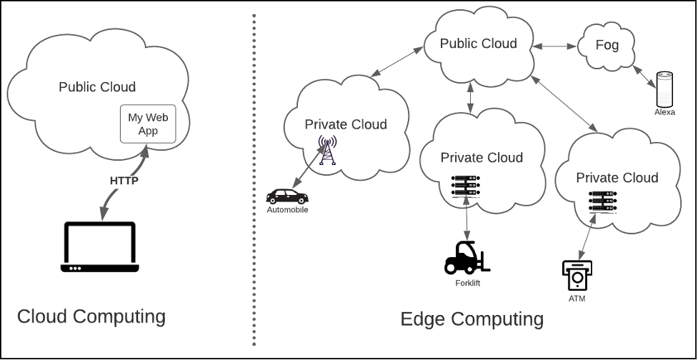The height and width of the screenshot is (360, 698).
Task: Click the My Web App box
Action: point(148,124)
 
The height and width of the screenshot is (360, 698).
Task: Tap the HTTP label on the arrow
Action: point(124,181)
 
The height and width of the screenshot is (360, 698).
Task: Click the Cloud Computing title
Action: point(91,316)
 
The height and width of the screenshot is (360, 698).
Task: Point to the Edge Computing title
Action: point(472,319)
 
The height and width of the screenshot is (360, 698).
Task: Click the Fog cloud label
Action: point(607,45)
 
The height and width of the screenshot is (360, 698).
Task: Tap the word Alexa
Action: point(664,112)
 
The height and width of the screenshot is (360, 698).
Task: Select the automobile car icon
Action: point(287,196)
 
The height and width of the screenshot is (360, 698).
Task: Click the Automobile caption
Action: point(287,210)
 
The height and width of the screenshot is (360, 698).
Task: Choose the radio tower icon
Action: point(327,151)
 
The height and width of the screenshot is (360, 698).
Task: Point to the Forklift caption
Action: point(468,283)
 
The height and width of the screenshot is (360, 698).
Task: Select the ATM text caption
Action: point(577,299)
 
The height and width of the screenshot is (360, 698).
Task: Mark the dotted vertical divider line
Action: point(254,179)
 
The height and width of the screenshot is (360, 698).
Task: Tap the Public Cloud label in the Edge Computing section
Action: point(478,44)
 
